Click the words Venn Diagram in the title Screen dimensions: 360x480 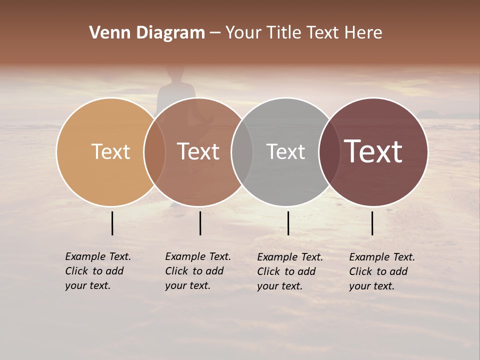point(147,33)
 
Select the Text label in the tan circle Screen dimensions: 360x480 point(110,151)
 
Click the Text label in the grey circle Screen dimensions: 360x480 point(285,151)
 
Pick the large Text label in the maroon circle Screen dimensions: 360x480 point(373,151)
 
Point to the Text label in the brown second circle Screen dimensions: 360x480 point(198,151)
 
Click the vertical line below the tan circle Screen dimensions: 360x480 point(112,223)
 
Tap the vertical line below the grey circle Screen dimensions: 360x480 point(288,223)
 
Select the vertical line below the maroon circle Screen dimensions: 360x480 point(372,223)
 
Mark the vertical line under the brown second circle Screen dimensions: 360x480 point(200,223)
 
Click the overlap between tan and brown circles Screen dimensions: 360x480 point(154,151)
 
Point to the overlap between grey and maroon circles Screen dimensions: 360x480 point(329,151)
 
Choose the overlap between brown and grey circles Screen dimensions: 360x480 point(242,151)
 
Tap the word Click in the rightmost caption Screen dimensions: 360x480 point(360,271)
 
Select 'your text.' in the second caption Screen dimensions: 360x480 point(187,286)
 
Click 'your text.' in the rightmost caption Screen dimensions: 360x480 point(371,286)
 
